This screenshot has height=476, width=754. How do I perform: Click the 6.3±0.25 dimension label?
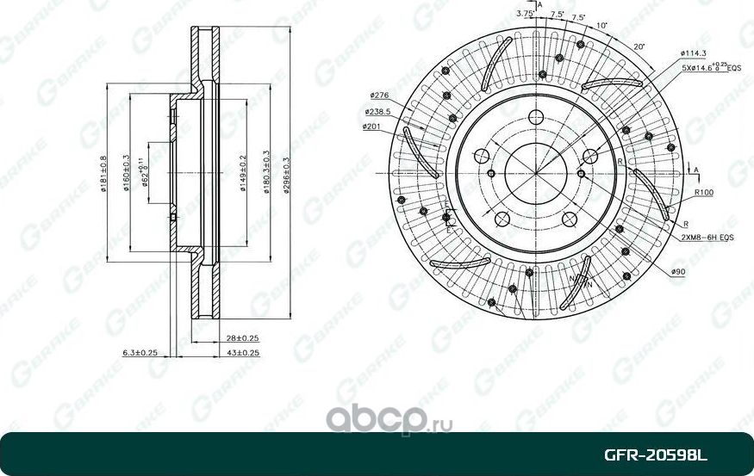tap(140, 353)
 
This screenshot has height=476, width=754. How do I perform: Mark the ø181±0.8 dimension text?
tap(103, 177)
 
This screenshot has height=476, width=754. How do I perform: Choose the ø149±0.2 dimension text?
tap(245, 177)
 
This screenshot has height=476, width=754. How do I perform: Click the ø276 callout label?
tap(380, 95)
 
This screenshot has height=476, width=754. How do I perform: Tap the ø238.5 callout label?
tap(377, 112)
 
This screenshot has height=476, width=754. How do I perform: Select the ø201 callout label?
tap(373, 127)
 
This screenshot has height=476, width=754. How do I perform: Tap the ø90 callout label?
tap(676, 271)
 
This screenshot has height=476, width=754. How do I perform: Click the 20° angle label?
tap(639, 46)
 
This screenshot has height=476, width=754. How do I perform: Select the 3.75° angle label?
tap(524, 13)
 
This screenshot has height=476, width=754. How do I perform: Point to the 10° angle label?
tap(601, 26)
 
